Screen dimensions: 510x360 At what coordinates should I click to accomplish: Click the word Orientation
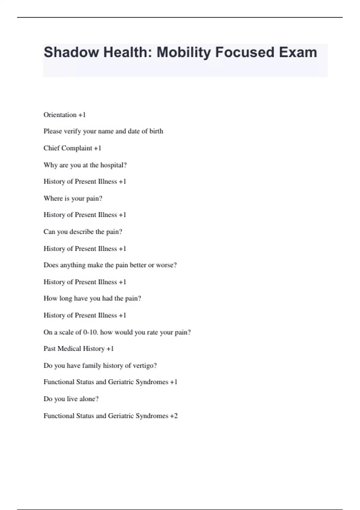coord(60,115)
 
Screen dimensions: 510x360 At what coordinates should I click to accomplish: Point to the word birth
coord(156,131)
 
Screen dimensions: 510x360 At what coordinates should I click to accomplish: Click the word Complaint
coord(78,148)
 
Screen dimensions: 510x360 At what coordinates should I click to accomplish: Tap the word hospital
coord(113,165)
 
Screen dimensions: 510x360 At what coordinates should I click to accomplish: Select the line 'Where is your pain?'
coord(73,198)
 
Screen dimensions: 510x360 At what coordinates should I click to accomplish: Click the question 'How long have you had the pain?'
coord(92,298)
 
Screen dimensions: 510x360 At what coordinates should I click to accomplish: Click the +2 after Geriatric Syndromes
coord(174,416)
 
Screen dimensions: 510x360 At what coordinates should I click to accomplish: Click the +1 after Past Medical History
coord(110,349)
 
